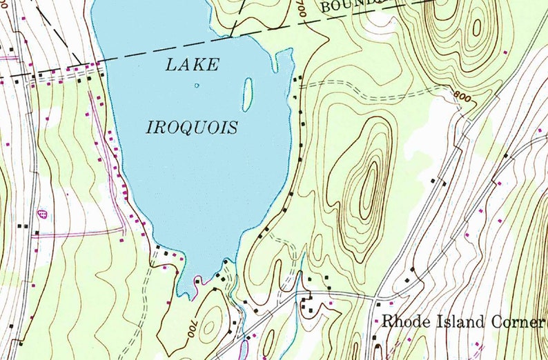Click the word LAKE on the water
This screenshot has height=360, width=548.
pyautogui.click(x=193, y=66)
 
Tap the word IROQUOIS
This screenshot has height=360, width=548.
pyautogui.click(x=192, y=128)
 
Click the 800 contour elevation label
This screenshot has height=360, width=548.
pyautogui.click(x=466, y=97)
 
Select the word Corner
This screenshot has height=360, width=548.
pyautogui.click(x=519, y=322)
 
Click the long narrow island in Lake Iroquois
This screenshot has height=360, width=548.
pyautogui.click(x=247, y=94)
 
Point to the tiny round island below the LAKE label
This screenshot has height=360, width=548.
pyautogui.click(x=197, y=86)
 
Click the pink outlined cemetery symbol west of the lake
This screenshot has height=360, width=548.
pyautogui.click(x=43, y=214)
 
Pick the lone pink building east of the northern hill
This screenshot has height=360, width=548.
pyautogui.click(x=507, y=52)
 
